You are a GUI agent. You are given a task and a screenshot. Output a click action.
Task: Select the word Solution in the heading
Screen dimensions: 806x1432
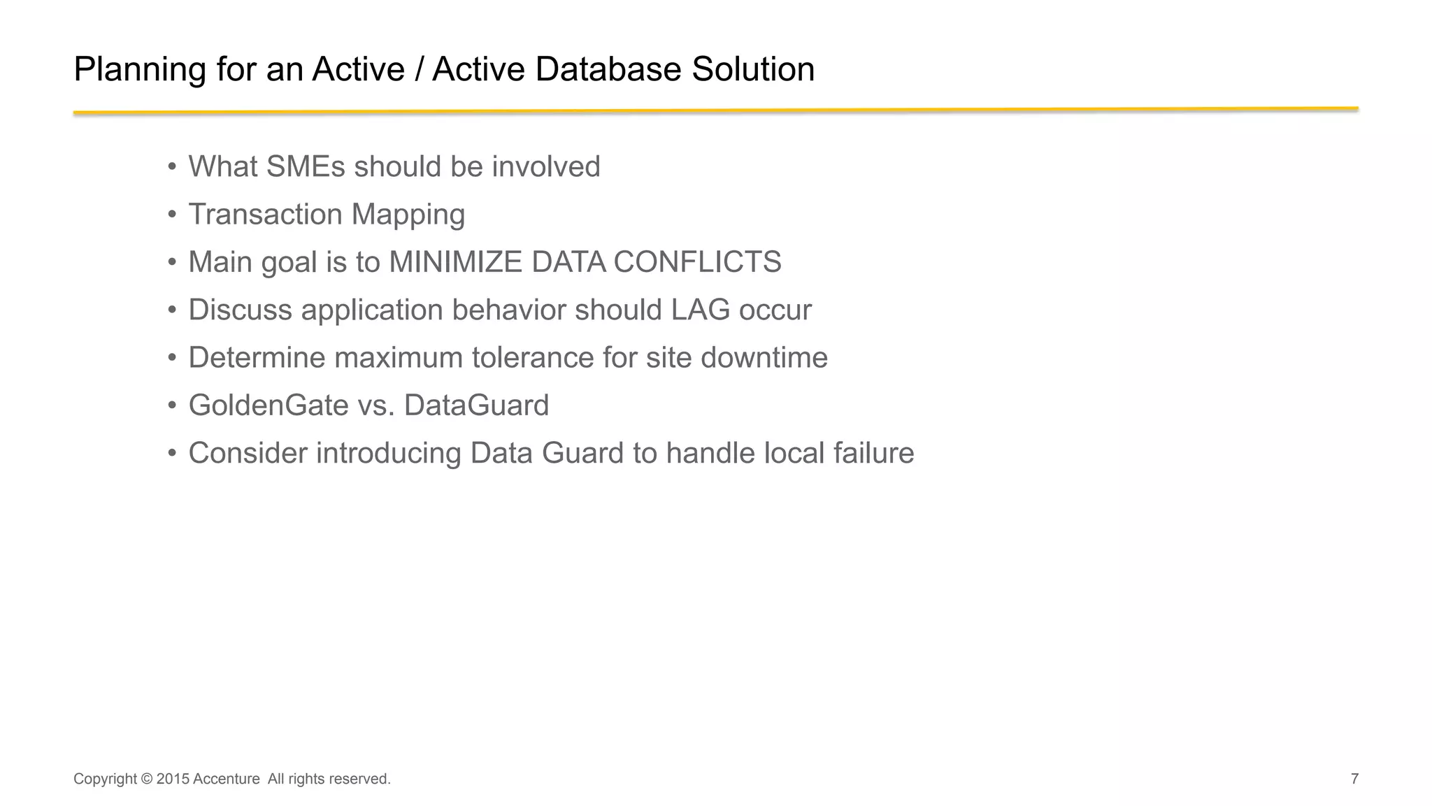[753, 70]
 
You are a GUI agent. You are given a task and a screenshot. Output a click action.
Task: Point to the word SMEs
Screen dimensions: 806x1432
[306, 167]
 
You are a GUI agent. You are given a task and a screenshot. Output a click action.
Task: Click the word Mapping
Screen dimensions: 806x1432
[408, 215]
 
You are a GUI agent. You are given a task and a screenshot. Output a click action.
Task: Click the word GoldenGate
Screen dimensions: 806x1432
[268, 405]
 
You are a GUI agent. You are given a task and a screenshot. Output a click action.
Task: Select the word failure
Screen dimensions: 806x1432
[873, 453]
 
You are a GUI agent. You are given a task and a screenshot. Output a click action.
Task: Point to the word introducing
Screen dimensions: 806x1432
[388, 453]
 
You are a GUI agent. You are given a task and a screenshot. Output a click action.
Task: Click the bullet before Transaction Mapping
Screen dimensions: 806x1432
[172, 215]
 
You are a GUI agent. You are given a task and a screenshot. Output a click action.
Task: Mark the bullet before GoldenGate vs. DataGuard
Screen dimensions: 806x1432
[172, 405]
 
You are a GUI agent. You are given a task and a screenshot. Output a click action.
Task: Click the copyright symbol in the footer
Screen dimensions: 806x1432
[146, 779]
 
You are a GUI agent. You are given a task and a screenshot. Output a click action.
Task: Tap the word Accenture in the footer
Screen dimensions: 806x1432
[226, 779]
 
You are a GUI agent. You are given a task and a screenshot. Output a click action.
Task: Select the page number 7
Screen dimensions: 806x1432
[1354, 779]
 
